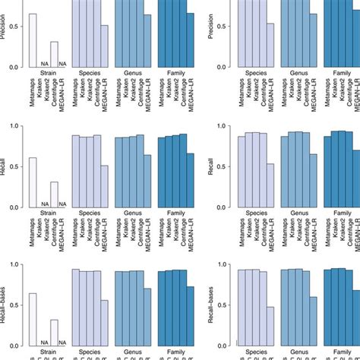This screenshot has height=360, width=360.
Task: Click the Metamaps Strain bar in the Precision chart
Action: tap(33, 40)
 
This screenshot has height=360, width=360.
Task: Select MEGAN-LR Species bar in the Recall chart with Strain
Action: tap(105, 185)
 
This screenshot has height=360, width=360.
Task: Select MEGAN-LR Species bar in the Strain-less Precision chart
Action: tap(270, 45)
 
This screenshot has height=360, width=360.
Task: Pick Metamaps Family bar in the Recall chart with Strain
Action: tap(161, 171)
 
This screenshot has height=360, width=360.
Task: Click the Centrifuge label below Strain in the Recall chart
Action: tap(54, 242)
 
